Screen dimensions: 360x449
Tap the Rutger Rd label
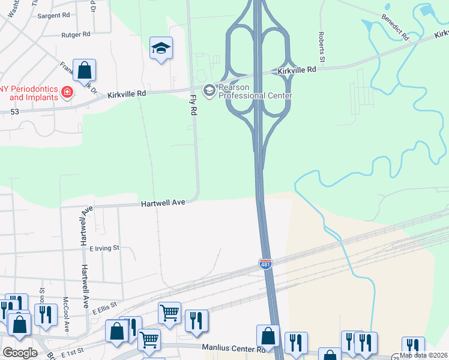75,35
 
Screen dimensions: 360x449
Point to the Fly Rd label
193,105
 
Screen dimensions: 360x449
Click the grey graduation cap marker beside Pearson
209,91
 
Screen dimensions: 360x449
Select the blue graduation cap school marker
161,49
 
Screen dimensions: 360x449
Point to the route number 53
14,112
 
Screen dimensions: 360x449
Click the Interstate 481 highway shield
265,263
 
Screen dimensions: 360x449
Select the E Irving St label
104,247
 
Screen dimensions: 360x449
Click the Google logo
20,353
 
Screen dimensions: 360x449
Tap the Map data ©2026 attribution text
424,355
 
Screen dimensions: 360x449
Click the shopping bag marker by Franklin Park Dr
85,70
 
